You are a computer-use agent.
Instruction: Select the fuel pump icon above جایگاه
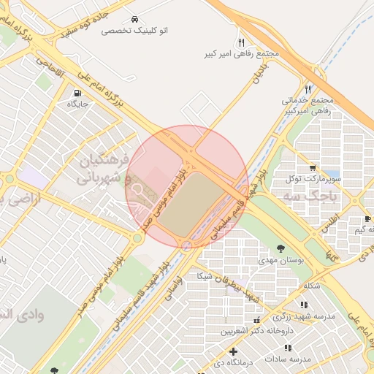point(77,93)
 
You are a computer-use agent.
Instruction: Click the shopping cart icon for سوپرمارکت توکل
point(313,167)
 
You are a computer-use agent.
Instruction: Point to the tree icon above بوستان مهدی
point(283,248)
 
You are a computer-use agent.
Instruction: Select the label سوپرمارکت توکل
point(314,178)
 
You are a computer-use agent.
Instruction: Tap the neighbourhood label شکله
point(311,286)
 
